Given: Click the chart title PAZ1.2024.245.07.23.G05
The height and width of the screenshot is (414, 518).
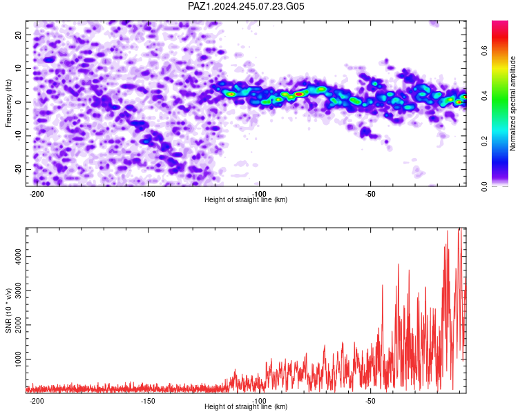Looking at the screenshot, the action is pyautogui.click(x=246, y=6).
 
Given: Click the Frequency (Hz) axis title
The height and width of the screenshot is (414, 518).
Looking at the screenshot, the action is pyautogui.click(x=8, y=103).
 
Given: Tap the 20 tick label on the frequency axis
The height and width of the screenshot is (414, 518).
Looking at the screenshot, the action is pyautogui.click(x=19, y=34).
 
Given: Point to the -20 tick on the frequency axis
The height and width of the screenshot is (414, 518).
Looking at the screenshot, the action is pyautogui.click(x=19, y=169).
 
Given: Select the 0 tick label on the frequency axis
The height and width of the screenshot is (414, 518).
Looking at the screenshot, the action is pyautogui.click(x=19, y=102).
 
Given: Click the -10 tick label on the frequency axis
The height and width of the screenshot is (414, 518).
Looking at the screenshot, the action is pyautogui.click(x=19, y=136).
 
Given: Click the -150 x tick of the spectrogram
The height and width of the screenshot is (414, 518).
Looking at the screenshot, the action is pyautogui.click(x=148, y=194).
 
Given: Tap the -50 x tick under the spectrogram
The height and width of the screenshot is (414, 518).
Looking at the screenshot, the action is pyautogui.click(x=370, y=194).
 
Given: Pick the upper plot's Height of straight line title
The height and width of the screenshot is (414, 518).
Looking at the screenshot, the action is pyautogui.click(x=246, y=199).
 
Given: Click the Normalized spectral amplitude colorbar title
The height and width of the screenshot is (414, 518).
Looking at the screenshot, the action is pyautogui.click(x=512, y=103).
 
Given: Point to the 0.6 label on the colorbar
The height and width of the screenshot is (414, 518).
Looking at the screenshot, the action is pyautogui.click(x=485, y=51).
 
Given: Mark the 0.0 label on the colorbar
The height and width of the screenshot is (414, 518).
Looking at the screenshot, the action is pyautogui.click(x=485, y=186).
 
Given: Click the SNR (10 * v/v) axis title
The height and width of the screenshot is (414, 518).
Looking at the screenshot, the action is pyautogui.click(x=8, y=310).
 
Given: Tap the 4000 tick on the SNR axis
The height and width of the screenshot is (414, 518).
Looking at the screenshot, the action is pyautogui.click(x=19, y=256).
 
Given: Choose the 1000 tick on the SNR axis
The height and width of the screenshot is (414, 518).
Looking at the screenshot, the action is pyautogui.click(x=19, y=359).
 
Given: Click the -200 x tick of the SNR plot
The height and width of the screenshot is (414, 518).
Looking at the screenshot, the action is pyautogui.click(x=37, y=401).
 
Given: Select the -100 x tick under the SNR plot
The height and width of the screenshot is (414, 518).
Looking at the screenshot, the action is pyautogui.click(x=259, y=401).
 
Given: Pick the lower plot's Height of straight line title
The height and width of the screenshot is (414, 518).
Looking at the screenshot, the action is pyautogui.click(x=246, y=406).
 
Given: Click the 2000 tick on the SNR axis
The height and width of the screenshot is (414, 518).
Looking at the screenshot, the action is pyautogui.click(x=19, y=324).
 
